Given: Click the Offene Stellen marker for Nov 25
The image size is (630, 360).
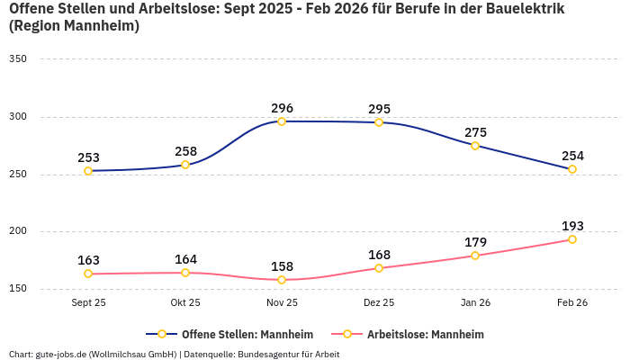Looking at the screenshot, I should (282, 121).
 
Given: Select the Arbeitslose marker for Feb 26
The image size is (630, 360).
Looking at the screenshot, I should (571, 239).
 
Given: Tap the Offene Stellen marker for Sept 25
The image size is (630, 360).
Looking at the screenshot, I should (88, 171).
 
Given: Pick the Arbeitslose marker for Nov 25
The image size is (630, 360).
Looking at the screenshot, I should (282, 280).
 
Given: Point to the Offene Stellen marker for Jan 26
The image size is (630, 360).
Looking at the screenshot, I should (475, 146).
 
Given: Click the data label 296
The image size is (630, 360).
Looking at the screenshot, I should (282, 108).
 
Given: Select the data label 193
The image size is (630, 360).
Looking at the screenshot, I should (571, 226).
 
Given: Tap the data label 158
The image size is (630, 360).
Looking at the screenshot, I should (282, 266).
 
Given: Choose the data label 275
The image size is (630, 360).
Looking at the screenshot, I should (475, 132).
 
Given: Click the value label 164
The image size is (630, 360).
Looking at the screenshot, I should (185, 259).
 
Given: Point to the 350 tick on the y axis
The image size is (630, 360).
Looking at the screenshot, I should (18, 59).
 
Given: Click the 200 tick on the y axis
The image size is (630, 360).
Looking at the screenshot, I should (18, 231).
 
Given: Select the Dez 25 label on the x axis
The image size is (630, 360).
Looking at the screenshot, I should (379, 303).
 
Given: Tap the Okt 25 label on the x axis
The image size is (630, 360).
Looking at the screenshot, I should (185, 303).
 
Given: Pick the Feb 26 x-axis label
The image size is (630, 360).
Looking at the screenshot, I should (571, 303).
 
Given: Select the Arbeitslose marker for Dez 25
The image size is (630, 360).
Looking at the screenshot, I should (379, 268).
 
